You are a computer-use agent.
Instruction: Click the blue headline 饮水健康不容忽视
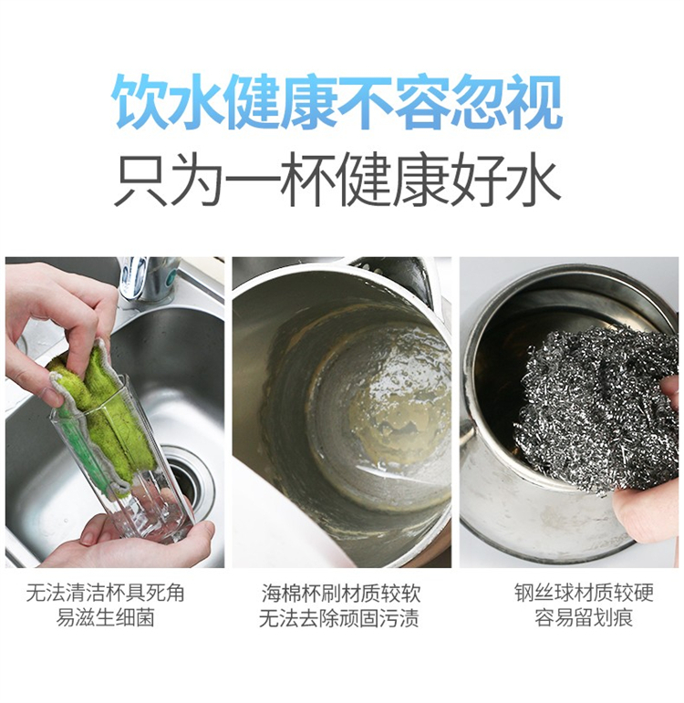point(338,102)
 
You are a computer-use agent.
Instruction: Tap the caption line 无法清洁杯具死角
point(106,594)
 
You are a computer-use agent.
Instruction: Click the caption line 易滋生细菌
point(106,618)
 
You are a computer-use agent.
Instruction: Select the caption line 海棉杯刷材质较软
point(341,594)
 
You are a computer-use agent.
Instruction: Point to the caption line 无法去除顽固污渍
point(339,618)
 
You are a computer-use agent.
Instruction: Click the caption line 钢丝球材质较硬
point(584,593)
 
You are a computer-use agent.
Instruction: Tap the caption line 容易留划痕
point(584,617)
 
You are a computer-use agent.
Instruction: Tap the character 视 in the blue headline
point(536,102)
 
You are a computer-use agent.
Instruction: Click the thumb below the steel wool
point(646,512)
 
